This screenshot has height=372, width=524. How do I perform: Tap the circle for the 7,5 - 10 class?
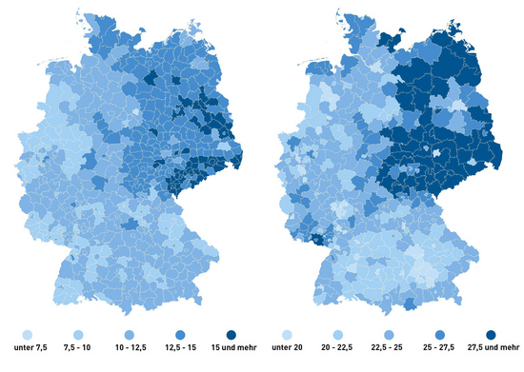click(x=78, y=336)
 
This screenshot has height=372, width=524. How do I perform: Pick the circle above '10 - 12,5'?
click(x=131, y=336)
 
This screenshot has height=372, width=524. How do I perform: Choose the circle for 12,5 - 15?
click(x=182, y=336)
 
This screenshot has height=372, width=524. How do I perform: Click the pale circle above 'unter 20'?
click(x=287, y=336)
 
